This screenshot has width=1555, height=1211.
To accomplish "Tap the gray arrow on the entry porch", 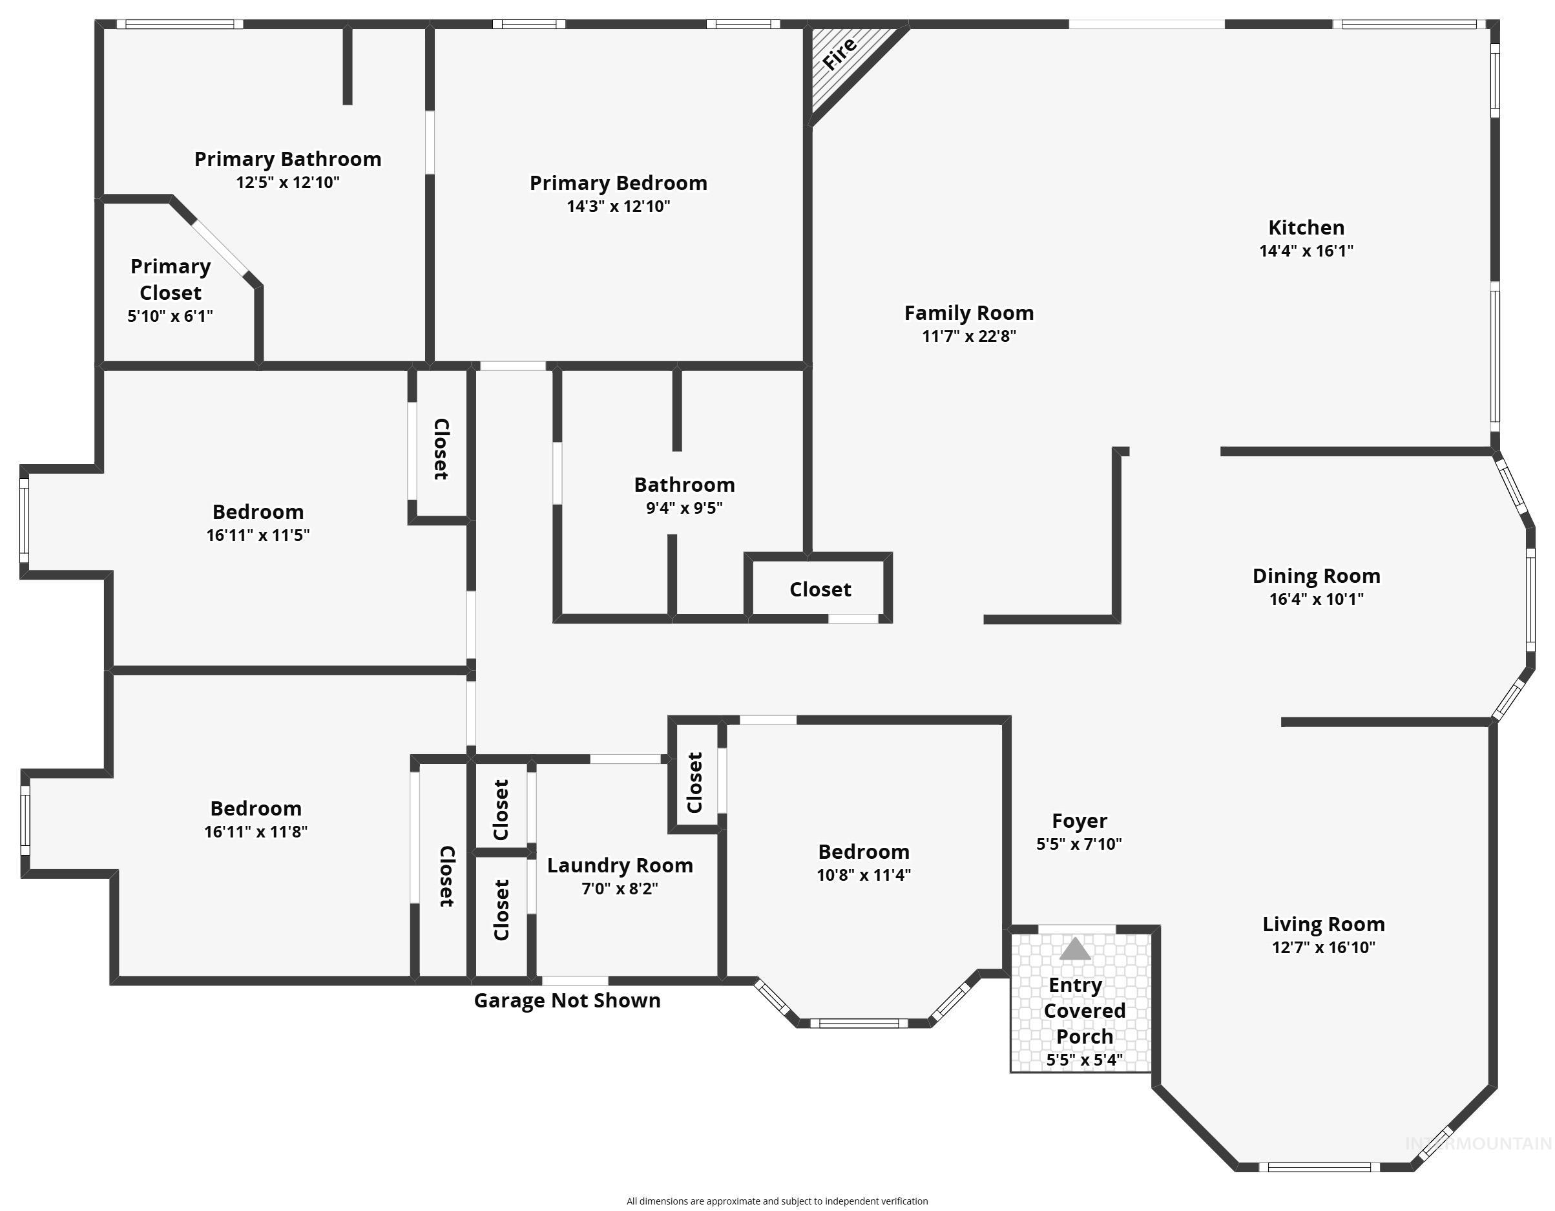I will click(x=1074, y=949).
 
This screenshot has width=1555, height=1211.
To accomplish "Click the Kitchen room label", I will click(x=1306, y=227).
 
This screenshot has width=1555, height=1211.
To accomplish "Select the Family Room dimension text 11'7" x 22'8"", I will click(x=968, y=336).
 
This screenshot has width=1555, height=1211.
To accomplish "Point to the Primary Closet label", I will click(x=170, y=279).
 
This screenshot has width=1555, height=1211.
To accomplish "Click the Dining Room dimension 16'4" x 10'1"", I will click(x=1316, y=599).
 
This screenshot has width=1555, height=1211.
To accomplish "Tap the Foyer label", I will click(x=1079, y=821).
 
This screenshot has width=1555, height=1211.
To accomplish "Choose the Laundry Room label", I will click(x=620, y=865).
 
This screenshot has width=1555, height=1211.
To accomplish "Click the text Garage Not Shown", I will click(x=567, y=1001).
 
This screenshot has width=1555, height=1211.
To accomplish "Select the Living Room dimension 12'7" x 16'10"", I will click(x=1323, y=947).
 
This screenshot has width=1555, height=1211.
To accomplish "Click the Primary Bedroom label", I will click(x=618, y=183).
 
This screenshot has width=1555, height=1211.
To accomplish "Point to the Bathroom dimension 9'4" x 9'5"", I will click(x=684, y=508).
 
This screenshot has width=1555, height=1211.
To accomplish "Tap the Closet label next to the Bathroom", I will click(x=820, y=590).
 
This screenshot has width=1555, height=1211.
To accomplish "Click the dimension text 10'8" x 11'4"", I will click(x=863, y=875).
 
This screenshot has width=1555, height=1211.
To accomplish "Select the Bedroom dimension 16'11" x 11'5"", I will click(x=258, y=535).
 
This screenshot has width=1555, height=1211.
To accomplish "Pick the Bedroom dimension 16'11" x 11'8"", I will click(x=256, y=831).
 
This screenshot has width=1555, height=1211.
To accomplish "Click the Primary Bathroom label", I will click(x=287, y=159).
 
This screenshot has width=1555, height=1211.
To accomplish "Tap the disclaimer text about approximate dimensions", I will click(x=777, y=1201).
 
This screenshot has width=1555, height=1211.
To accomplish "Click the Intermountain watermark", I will click(x=1477, y=1144).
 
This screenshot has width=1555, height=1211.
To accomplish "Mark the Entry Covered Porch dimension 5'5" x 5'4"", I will click(x=1083, y=1060).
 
